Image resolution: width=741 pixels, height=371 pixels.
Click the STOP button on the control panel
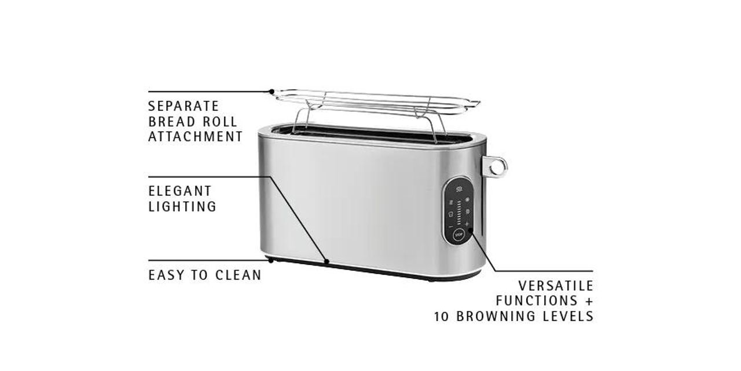tap(458, 235)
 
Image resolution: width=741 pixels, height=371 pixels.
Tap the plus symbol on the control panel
tap(467, 224)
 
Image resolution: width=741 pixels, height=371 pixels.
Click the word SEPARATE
tap(184, 107)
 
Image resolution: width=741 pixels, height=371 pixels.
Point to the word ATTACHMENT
tap(195, 137)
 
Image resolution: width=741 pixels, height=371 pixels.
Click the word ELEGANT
tap(180, 191)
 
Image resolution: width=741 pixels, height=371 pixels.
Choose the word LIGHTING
tap(182, 206)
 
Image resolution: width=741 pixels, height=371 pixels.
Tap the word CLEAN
tap(239, 275)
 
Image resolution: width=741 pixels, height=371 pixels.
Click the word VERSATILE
tap(556, 286)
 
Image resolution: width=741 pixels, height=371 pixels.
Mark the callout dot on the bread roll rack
tap(272, 91)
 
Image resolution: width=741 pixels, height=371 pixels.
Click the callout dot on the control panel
tap(471, 231)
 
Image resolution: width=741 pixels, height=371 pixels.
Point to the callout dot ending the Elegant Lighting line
tap(327, 262)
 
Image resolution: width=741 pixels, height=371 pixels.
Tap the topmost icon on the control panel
tap(459, 188)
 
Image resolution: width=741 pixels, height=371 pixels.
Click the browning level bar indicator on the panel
tap(459, 212)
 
